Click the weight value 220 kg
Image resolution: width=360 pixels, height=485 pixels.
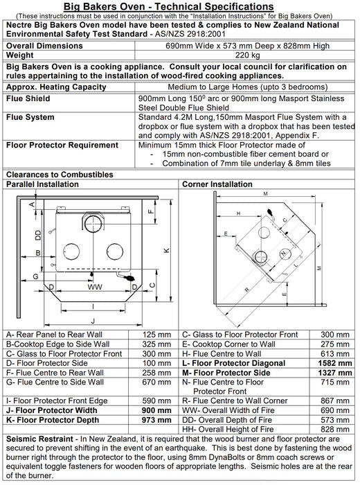[247, 55]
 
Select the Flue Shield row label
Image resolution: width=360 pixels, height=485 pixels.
[28, 98]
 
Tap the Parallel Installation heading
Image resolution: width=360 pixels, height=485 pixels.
[42, 184]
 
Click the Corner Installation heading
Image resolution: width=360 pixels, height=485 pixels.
[217, 184]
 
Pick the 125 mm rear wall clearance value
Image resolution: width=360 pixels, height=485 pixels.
[156, 335]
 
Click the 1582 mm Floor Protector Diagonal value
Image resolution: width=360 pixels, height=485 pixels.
[335, 363]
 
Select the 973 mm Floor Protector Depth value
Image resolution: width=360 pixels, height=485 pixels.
[156, 420]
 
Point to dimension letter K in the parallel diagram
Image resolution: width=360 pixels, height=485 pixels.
[166, 251]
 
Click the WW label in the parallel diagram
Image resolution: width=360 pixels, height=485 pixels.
[95, 287]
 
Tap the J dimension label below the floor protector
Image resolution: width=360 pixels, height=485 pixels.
[93, 321]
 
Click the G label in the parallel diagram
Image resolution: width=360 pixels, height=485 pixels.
[35, 276]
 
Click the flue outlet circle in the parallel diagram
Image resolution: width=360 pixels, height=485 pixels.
[93, 222]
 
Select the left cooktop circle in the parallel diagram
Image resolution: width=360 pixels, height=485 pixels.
[71, 252]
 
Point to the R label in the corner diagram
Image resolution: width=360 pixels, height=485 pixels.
[246, 290]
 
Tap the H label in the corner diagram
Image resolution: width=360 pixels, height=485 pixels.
[238, 213]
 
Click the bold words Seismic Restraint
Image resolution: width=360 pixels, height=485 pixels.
[39, 439]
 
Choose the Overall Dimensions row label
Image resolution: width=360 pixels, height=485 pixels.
[44, 46]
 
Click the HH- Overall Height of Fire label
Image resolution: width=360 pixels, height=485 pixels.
[228, 430]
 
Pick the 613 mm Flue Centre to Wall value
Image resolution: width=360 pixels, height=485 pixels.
[335, 354]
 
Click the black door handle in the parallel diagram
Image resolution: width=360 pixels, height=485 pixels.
[129, 278]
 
